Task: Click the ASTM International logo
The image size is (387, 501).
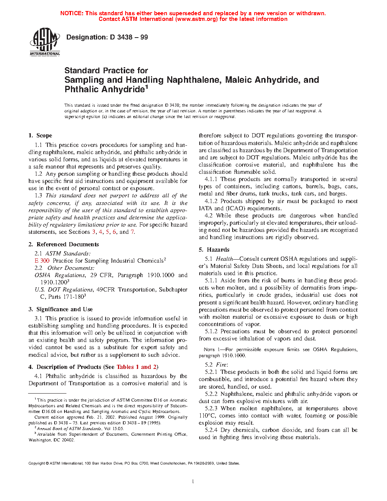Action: click(45, 42)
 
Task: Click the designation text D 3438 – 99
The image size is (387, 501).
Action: click(107, 37)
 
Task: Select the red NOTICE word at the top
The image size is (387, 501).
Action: click(72, 13)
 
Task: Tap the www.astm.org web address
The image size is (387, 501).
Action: click(196, 19)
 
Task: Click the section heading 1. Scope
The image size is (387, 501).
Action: click(40, 135)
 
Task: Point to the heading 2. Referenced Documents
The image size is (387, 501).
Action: click(64, 244)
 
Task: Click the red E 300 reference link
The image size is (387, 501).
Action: click(42, 261)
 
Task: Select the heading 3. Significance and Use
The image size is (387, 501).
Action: click(61, 309)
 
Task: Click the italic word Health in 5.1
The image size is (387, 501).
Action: click(225, 259)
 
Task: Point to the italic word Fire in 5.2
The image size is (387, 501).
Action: click(221, 365)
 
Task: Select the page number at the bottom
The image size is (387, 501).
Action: click(193, 481)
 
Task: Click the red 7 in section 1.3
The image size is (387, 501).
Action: click(132, 232)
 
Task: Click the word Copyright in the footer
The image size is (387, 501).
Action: click(37, 463)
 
